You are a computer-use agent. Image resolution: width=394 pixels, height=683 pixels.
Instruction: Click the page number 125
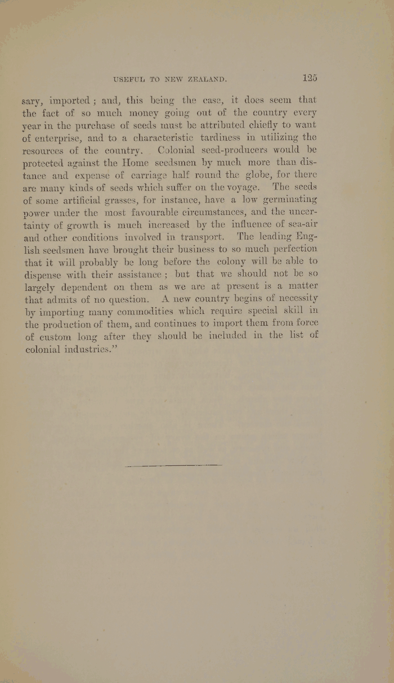click(309, 78)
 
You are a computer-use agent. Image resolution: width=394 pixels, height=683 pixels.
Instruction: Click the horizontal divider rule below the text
click(174, 465)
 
